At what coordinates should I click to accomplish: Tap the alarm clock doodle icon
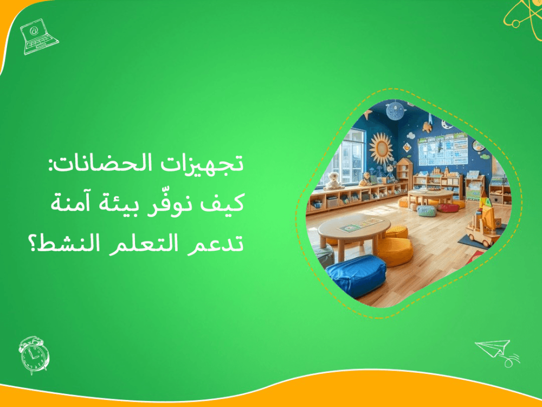(34, 354)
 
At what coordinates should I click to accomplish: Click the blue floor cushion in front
(356, 274)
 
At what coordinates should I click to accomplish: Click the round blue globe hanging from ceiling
(396, 111)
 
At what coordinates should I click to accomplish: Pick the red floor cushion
(448, 207)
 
